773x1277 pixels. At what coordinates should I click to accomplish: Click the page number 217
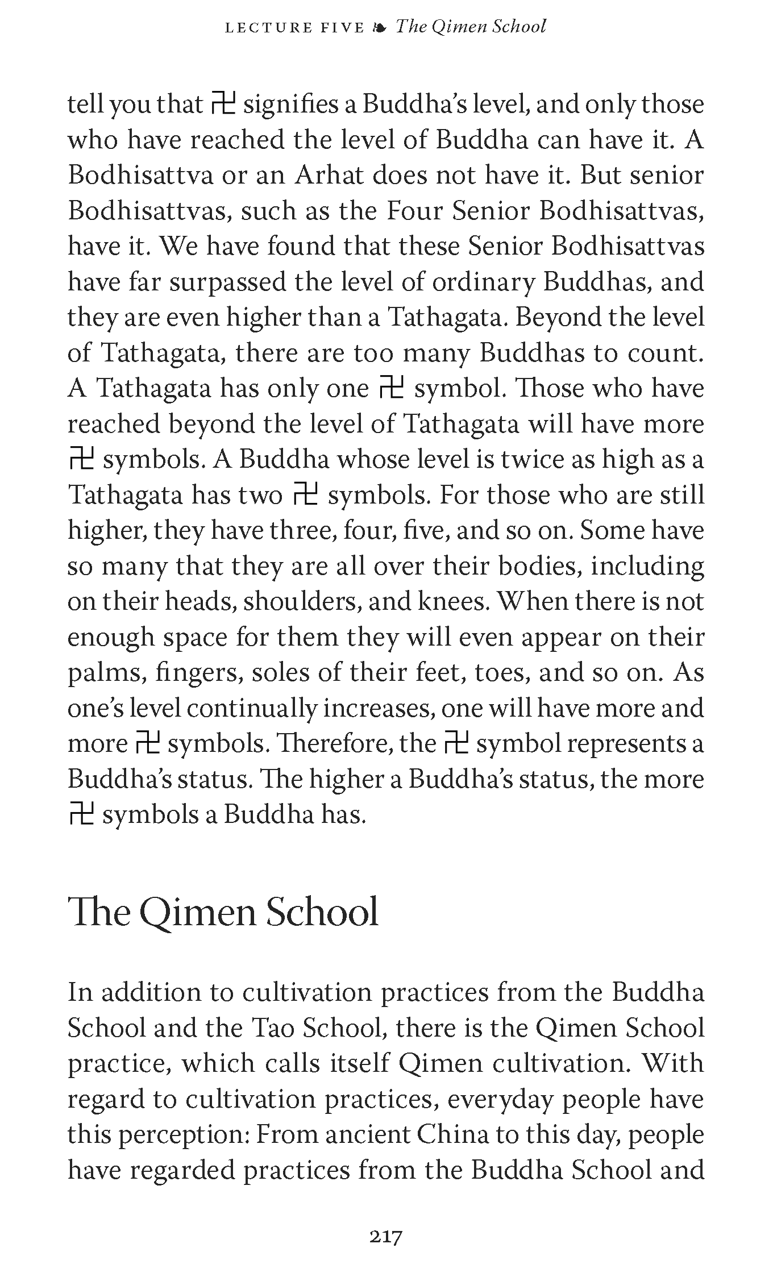(x=386, y=1237)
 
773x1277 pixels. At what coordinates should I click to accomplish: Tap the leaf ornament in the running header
(x=380, y=27)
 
